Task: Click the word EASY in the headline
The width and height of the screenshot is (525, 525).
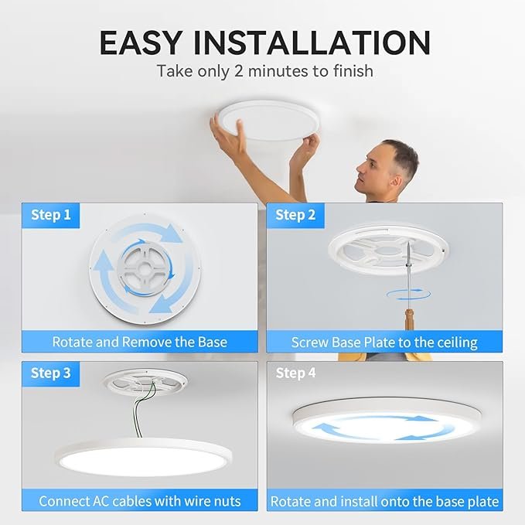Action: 141,43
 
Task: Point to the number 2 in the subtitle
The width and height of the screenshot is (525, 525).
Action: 238,71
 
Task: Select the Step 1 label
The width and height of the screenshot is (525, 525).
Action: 51,215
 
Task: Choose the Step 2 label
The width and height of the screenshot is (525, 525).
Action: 295,215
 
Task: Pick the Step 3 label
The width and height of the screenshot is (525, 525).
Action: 51,373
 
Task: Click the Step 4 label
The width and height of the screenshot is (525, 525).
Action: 295,373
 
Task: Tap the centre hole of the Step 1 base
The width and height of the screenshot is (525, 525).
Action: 145,268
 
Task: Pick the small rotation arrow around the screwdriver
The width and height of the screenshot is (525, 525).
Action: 408,295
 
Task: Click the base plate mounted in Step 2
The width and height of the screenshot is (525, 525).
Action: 388,251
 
